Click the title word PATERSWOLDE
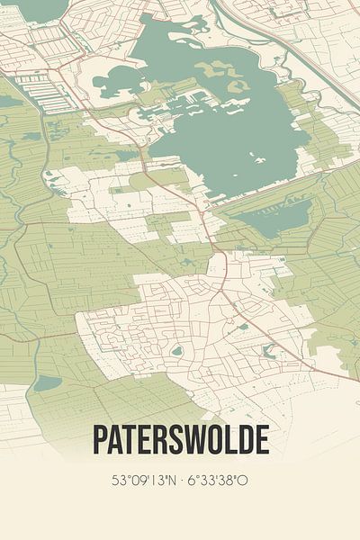click(180, 440)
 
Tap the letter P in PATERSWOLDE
click(100, 440)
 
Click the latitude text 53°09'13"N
click(142, 481)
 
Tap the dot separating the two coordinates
click(180, 481)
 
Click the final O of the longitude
click(243, 481)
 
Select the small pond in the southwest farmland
click(47, 382)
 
